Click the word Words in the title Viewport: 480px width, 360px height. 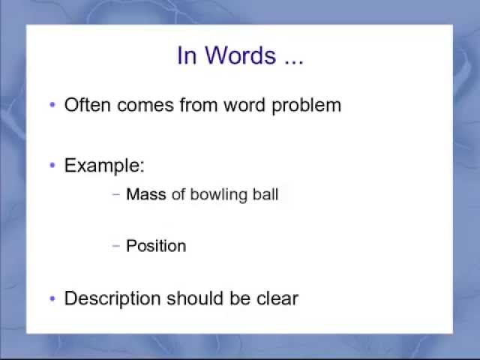coord(240,55)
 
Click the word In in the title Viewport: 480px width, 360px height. coord(187,55)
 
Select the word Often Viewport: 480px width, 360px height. coord(87,105)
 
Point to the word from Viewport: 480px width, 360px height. coord(198,105)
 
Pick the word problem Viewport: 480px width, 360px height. coord(306,106)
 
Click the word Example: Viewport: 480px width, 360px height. coord(104,166)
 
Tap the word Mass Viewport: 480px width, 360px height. coord(146,194)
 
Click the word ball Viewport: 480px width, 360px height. coord(265,194)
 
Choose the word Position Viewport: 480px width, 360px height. coord(156,246)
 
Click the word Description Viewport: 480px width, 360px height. coord(112,298)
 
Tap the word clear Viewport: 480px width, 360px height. coord(277,298)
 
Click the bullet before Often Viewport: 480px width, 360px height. coord(52,106)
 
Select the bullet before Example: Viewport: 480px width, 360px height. coord(52,166)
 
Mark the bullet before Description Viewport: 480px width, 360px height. coord(52,298)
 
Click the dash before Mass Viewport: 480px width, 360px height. coord(116,194)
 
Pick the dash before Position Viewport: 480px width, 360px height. coord(116,246)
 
